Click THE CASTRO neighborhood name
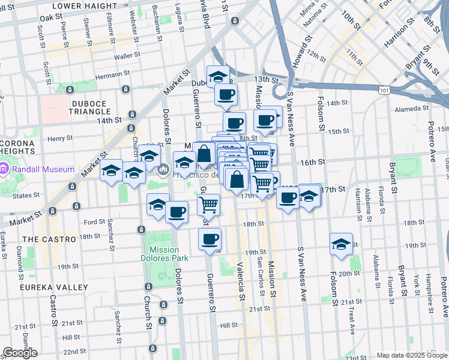click(x=49, y=239)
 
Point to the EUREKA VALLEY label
click(x=53, y=287)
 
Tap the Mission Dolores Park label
click(x=164, y=254)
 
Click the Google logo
click(x=20, y=353)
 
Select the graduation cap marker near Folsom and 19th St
click(x=341, y=244)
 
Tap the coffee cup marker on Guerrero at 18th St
click(x=209, y=239)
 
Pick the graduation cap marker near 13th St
click(x=218, y=76)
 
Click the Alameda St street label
click(x=411, y=109)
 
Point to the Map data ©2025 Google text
click(x=412, y=355)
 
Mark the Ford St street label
click(x=95, y=222)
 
